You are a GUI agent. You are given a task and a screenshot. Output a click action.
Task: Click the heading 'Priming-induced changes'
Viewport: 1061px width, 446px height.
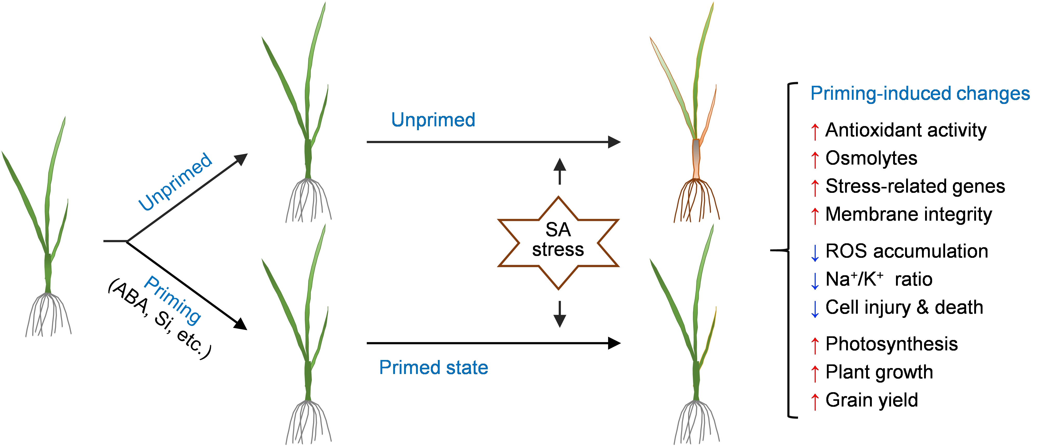[x=920, y=94]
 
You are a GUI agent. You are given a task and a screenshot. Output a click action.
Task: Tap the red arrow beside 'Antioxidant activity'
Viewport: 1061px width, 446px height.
[x=815, y=131]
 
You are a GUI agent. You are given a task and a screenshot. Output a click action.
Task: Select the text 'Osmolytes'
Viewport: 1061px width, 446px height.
[x=871, y=158]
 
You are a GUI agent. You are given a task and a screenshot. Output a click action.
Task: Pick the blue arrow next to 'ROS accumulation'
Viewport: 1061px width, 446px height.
[x=815, y=252]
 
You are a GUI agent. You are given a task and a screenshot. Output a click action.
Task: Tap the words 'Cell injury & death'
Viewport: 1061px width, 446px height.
[x=904, y=307]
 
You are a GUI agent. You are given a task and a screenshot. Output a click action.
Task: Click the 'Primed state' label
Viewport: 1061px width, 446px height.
[x=433, y=367]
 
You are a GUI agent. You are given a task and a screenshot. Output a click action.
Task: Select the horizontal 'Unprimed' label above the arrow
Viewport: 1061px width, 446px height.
[x=433, y=120]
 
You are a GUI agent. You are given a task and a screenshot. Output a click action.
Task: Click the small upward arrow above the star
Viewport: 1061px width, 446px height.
[x=559, y=171]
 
